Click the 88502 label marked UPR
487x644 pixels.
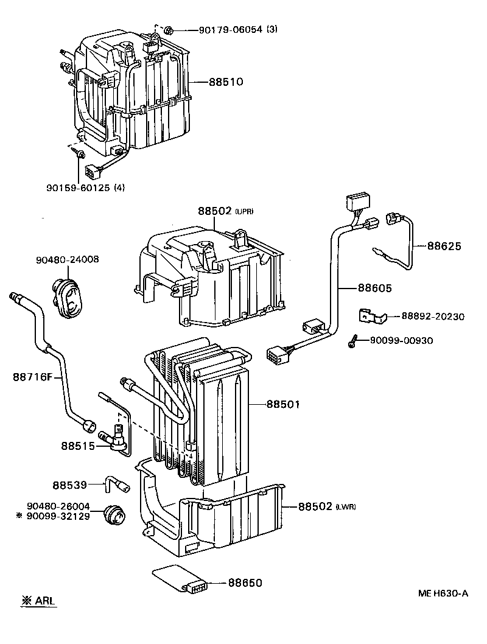pos(214,211)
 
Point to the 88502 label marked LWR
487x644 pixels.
pos(316,506)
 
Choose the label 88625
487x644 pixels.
pos(444,247)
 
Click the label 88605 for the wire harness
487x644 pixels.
pos(374,288)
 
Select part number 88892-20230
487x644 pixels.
pos(432,317)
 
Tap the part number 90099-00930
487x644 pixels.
pos(401,340)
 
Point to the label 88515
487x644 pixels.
pos(77,446)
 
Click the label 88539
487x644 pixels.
pos(69,485)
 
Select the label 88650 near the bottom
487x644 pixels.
pos(245,583)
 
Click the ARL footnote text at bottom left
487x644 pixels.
pos(38,601)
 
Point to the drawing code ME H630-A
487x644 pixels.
pos(443,593)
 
